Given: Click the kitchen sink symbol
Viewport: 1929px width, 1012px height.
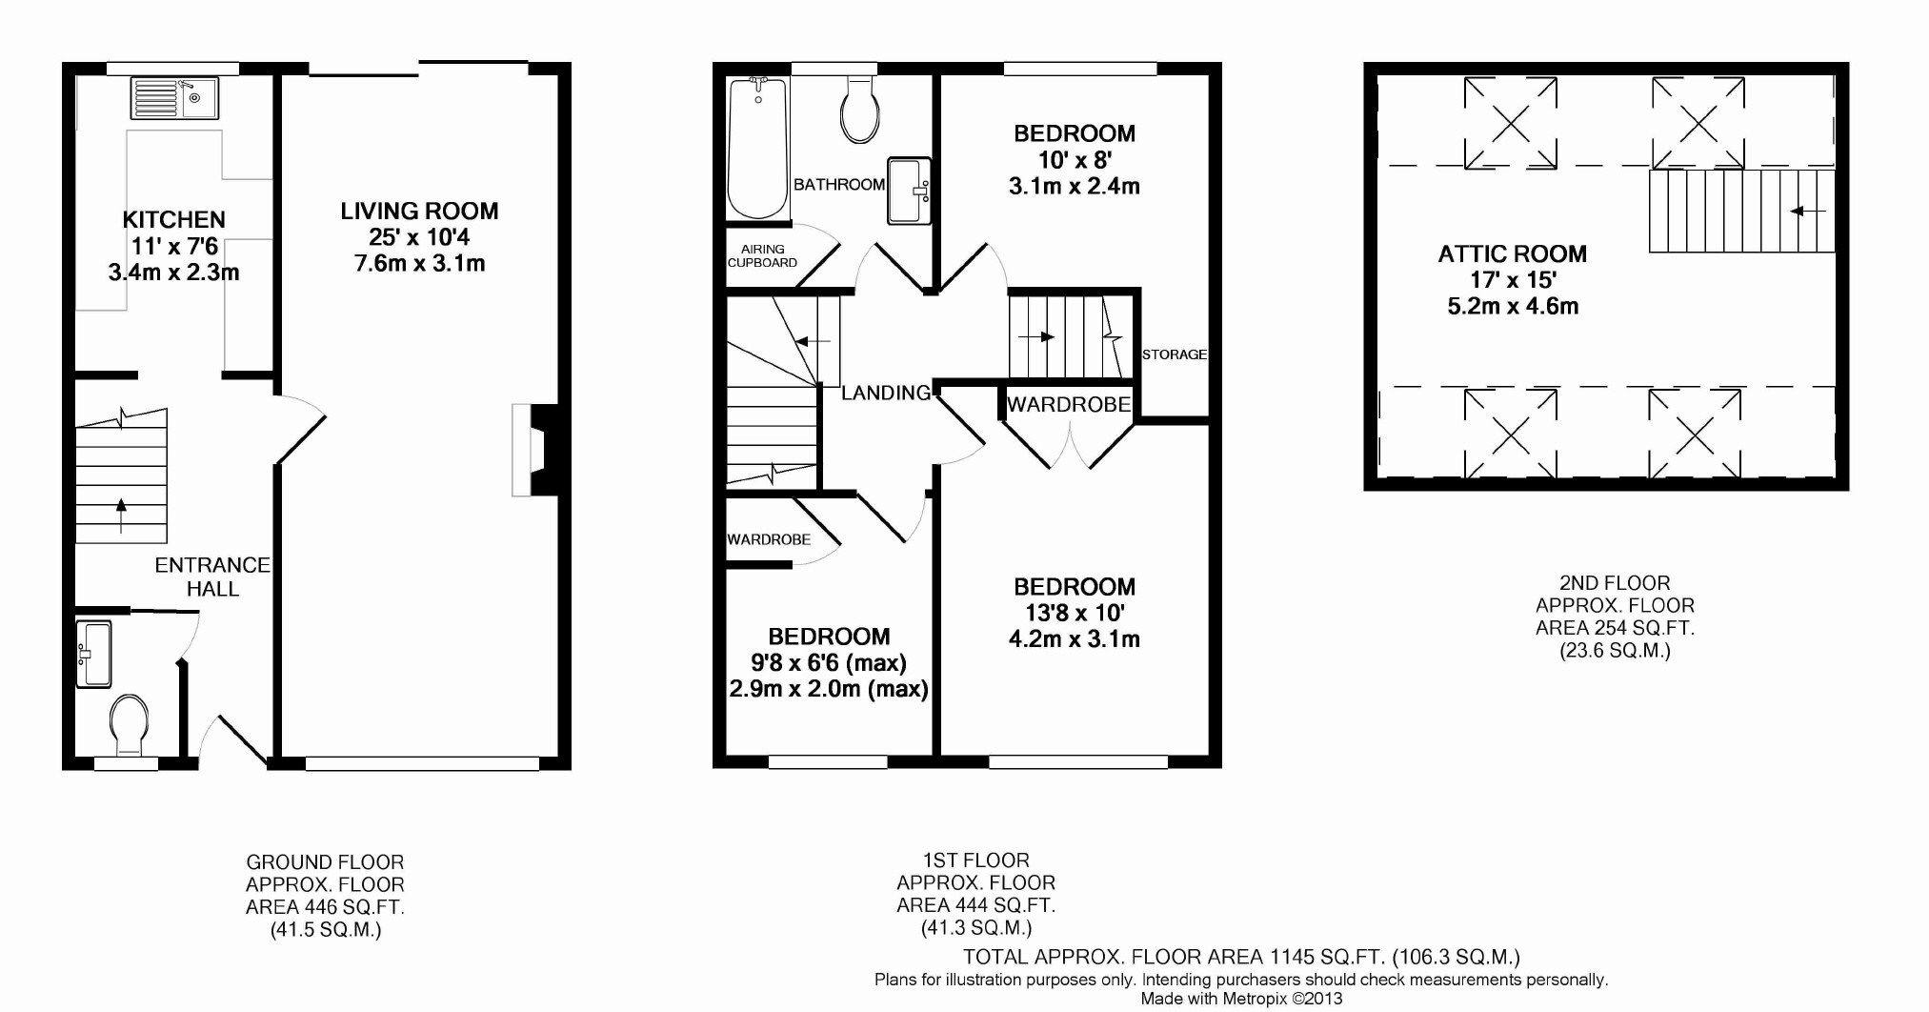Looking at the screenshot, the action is (x=176, y=98).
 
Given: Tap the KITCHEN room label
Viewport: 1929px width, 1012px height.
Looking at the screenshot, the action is (x=174, y=220).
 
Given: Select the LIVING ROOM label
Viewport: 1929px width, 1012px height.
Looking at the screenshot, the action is (x=419, y=211).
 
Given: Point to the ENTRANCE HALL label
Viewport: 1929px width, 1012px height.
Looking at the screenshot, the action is (x=212, y=577).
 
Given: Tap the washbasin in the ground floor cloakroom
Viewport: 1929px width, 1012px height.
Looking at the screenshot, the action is (x=93, y=654).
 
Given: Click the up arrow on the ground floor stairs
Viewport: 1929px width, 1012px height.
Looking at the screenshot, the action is (x=121, y=516).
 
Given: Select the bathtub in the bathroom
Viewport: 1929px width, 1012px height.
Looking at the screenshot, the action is (x=757, y=149).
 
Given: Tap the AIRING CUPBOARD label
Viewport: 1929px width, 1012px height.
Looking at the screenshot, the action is (x=762, y=255).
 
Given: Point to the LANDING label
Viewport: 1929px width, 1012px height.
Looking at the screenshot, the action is (x=886, y=393).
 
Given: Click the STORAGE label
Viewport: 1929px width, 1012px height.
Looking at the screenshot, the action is (x=1175, y=354).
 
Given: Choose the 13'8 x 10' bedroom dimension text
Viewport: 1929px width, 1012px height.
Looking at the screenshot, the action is (x=1075, y=613).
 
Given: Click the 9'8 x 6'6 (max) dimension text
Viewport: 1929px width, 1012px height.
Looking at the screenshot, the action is (x=829, y=662).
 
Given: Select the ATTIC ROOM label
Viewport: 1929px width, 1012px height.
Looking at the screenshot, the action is (x=1513, y=253).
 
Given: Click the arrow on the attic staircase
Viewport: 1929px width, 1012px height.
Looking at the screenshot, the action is (x=1807, y=211).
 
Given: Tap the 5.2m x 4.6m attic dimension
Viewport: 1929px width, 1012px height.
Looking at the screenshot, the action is (x=1513, y=306).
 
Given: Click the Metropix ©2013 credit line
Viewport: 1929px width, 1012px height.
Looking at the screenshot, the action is (x=1241, y=999).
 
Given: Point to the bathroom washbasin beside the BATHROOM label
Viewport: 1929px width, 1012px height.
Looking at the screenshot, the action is (x=909, y=191).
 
